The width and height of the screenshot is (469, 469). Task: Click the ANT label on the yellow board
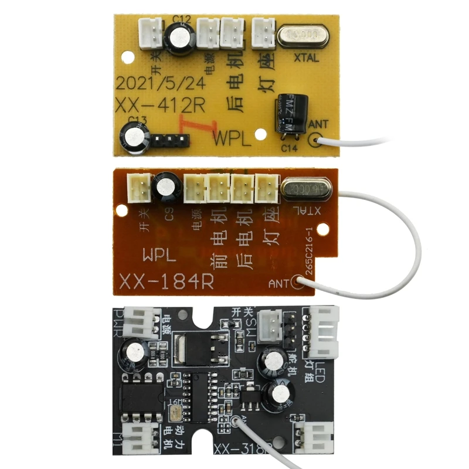point(318,124)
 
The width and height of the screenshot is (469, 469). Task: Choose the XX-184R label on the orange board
point(167,281)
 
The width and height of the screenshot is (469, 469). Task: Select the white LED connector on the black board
point(324,331)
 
